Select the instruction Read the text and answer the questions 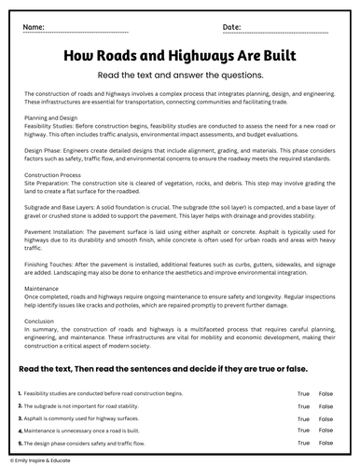coord(179,77)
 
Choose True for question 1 coord(303,395)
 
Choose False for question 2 coord(325,407)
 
